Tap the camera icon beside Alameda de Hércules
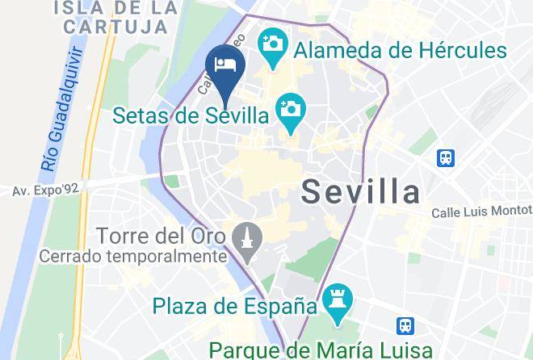pyautogui.click(x=273, y=42)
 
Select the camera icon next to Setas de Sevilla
pyautogui.click(x=289, y=107)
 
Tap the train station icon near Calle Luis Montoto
pyautogui.click(x=446, y=157)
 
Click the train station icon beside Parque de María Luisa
pyautogui.click(x=406, y=326)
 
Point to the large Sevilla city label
pyautogui.click(x=361, y=191)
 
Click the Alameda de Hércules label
pyautogui.click(x=400, y=50)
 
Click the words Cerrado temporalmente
pyautogui.click(x=133, y=257)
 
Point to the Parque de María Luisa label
pyautogui.click(x=310, y=350)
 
